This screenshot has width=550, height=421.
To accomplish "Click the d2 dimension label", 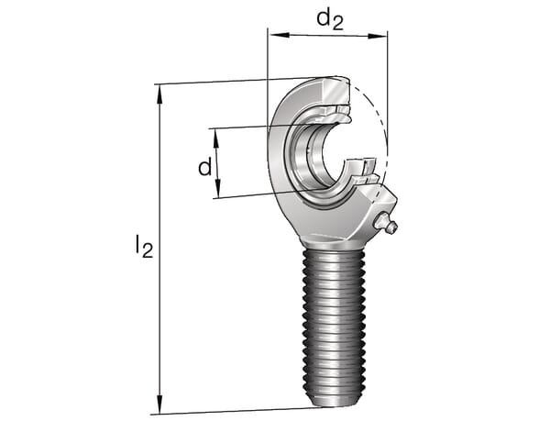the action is [x=330, y=20].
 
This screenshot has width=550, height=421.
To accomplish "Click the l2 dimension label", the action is [x=144, y=247].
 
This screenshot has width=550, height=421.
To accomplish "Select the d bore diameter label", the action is [x=205, y=167].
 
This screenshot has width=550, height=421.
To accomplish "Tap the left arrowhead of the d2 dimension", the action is [x=280, y=34].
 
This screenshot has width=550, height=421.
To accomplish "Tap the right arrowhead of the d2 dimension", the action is [x=378, y=36].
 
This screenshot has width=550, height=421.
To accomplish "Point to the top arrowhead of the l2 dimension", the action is [x=159, y=94].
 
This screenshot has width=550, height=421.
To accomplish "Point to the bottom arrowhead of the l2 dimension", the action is [x=159, y=404].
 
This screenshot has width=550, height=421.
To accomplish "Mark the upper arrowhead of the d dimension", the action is [x=216, y=138].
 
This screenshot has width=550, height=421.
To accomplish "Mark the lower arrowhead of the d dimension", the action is [x=217, y=188].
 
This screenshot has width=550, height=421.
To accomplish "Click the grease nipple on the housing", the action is [x=386, y=223].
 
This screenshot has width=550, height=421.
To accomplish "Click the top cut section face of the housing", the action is [x=336, y=91].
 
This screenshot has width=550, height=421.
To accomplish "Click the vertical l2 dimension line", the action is [x=159, y=249].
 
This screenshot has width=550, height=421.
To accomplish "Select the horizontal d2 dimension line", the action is [x=328, y=35].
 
